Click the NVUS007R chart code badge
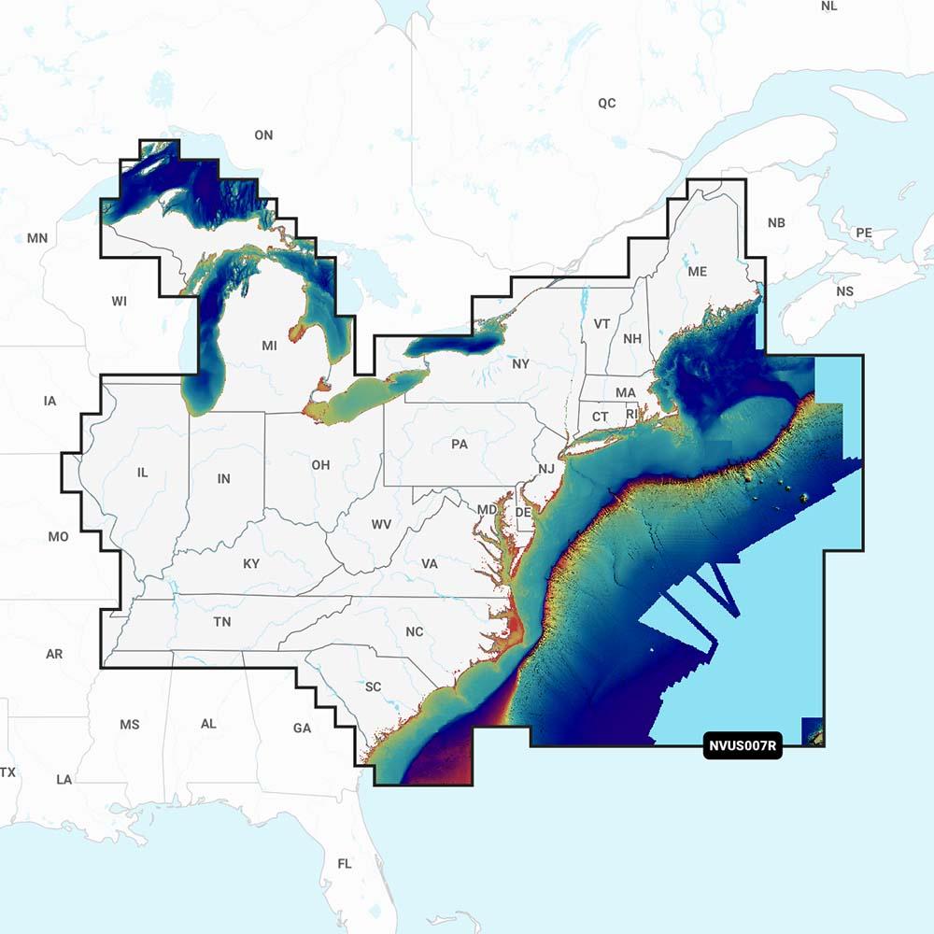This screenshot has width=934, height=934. [743, 745]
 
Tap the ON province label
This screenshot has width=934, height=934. [263, 135]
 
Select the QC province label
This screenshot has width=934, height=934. [607, 103]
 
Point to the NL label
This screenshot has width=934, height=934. [829, 7]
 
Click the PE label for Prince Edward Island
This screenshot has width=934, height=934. [864, 232]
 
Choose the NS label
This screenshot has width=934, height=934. [844, 291]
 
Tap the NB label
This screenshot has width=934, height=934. [776, 223]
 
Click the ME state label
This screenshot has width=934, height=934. [697, 272]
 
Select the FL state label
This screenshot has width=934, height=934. [345, 863]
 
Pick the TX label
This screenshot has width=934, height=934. [8, 772]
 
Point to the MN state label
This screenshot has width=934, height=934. [37, 238]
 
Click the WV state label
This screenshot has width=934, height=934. [381, 525]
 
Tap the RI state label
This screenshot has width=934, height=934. [632, 414]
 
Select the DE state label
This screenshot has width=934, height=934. [523, 513]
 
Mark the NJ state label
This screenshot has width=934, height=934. [545, 468]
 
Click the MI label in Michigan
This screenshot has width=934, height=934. [270, 346]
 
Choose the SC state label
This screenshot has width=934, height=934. [373, 687]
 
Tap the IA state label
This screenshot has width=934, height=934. [50, 402]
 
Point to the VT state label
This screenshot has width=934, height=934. [602, 324]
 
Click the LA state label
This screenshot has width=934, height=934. [64, 779]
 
